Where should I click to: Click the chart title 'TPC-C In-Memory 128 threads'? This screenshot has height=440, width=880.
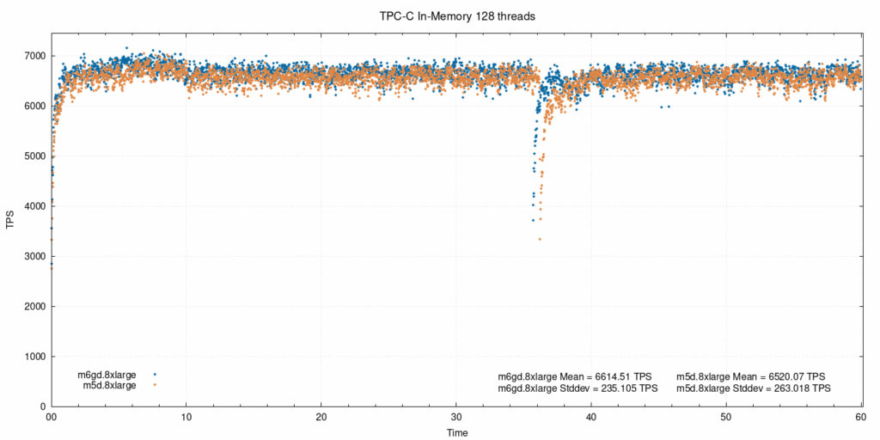(457, 15)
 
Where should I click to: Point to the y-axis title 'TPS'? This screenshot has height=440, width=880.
(10, 220)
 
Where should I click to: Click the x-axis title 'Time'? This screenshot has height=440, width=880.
(457, 432)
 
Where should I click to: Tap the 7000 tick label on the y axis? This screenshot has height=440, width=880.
(34, 56)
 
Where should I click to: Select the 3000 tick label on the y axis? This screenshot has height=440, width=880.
(34, 256)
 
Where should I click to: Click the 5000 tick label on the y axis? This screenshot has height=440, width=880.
(34, 156)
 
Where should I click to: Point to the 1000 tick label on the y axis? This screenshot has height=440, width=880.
(34, 357)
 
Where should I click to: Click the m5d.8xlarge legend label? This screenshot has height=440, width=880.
(109, 386)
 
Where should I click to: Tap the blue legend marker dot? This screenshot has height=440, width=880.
(155, 375)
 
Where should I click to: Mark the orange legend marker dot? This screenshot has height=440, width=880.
(155, 386)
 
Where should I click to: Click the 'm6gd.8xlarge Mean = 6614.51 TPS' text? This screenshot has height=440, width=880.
(575, 376)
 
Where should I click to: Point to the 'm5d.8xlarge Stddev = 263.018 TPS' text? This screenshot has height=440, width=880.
(754, 388)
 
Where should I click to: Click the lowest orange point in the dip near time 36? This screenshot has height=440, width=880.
(540, 239)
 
